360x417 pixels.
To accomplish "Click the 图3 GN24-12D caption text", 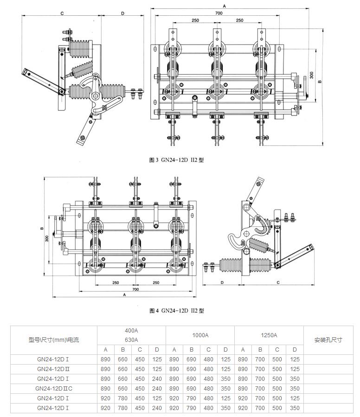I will pyautogui.click(x=176, y=160).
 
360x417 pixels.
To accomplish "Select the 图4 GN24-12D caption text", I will pyautogui.click(x=176, y=311).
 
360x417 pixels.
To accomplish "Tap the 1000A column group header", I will pyautogui.click(x=200, y=335).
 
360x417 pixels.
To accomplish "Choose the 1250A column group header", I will pyautogui.click(x=269, y=335).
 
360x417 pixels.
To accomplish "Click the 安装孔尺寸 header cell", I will pyautogui.click(x=328, y=340).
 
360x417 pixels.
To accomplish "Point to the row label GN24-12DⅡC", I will pyautogui.click(x=54, y=389).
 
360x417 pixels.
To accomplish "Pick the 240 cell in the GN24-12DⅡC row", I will pyautogui.click(x=157, y=389).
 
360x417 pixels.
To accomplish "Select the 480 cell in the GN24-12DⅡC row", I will pyautogui.click(x=208, y=389).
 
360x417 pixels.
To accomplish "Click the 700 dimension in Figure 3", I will pyautogui.click(x=219, y=13).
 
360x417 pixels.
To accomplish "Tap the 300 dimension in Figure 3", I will pyautogui.click(x=311, y=75).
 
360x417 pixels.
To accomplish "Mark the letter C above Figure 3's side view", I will pyautogui.click(x=62, y=13).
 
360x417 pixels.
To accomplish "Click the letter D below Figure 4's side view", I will pyautogui.click(x=222, y=282).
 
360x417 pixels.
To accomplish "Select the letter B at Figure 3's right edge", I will pyautogui.click(x=320, y=82).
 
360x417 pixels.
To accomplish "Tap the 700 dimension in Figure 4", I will pyautogui.click(x=135, y=289).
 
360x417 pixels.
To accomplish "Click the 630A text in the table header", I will pyautogui.click(x=131, y=340).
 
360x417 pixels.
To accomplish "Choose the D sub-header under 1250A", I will pyautogui.click(x=295, y=349).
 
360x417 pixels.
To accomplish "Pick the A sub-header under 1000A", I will pyautogui.click(x=174, y=349).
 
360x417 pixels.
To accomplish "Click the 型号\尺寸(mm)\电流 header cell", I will pyautogui.click(x=54, y=340).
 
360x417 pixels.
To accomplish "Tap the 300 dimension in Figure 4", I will pyautogui.click(x=46, y=238).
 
